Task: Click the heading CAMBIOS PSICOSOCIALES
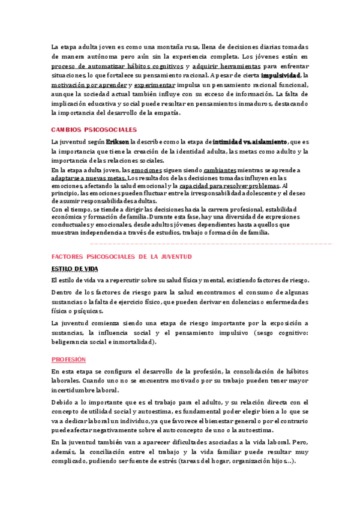point(94,130)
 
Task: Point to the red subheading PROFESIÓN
point(68,360)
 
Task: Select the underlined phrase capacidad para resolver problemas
point(229,187)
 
